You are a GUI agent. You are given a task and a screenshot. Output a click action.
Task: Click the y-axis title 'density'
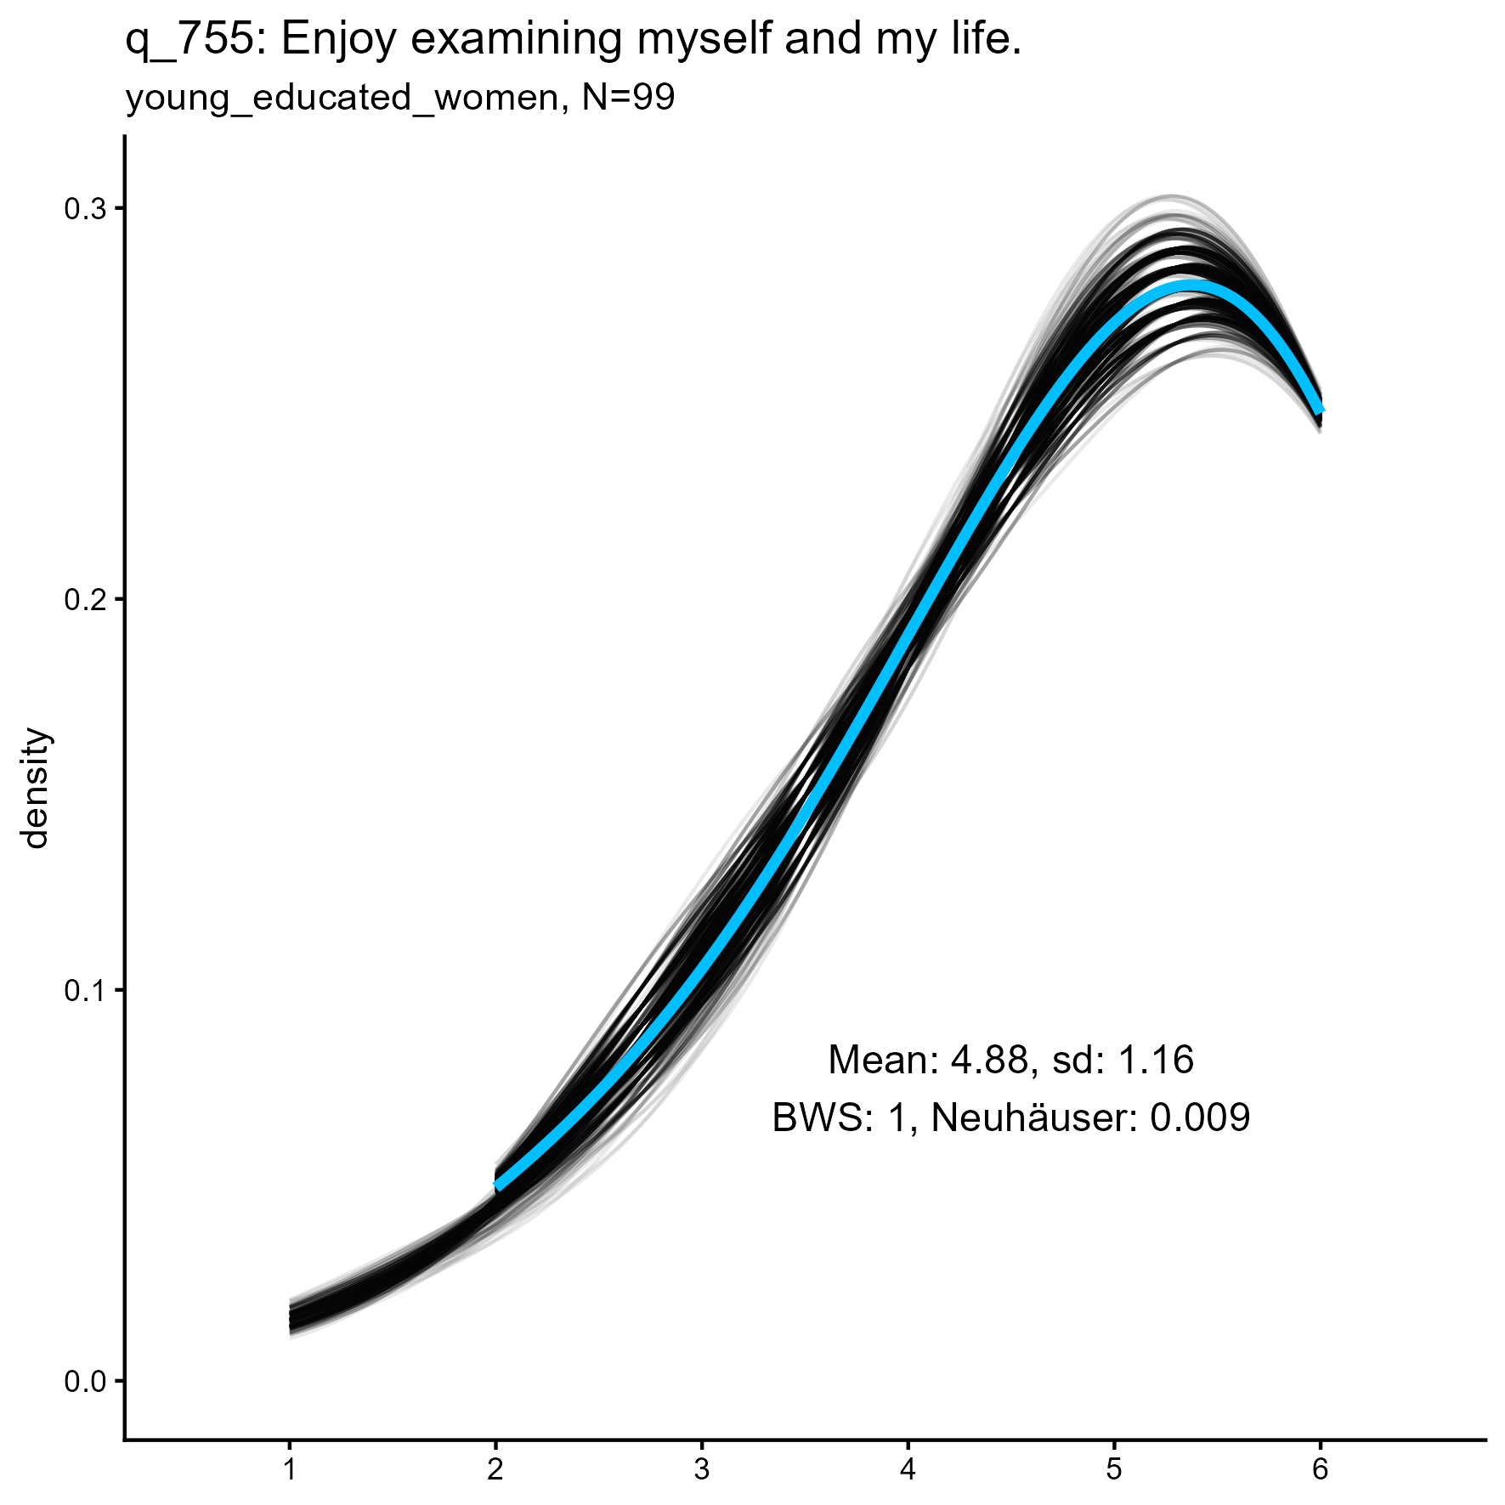[37, 788]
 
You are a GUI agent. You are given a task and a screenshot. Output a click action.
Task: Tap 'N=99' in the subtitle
[628, 99]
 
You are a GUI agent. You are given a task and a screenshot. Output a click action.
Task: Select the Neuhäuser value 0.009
[1200, 1117]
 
